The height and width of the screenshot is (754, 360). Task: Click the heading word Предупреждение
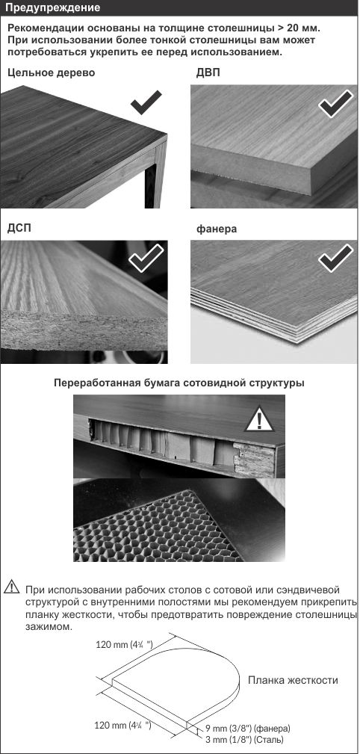(x=54, y=8)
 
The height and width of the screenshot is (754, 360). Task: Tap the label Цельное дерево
(x=51, y=72)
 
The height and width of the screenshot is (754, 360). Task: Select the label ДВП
(x=208, y=72)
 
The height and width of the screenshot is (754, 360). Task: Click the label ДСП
(x=19, y=228)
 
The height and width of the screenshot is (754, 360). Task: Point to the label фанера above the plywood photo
(x=217, y=229)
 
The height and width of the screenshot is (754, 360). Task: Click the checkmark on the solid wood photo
(x=146, y=102)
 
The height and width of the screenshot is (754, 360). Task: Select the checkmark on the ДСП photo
(x=146, y=259)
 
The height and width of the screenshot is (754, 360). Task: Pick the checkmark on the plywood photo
(x=335, y=259)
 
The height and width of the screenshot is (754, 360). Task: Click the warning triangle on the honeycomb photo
(x=260, y=420)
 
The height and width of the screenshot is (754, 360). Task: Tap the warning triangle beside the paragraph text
(x=11, y=587)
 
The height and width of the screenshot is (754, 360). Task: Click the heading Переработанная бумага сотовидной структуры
(x=179, y=384)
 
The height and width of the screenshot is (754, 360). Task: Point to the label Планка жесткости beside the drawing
(x=293, y=680)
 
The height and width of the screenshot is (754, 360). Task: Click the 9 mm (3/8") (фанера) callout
(x=247, y=728)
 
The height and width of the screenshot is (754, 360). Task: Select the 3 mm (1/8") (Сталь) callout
(x=244, y=738)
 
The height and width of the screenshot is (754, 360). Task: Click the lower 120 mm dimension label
(x=123, y=725)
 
